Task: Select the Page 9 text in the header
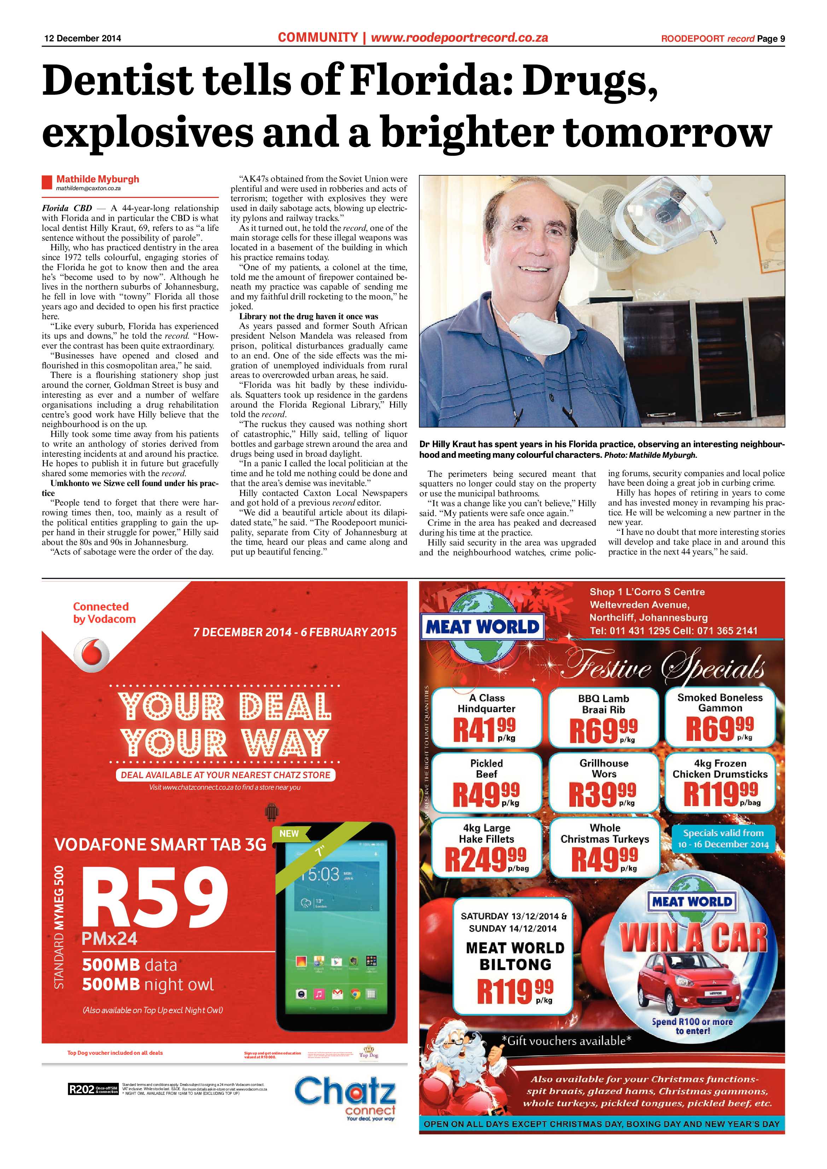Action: coord(770,39)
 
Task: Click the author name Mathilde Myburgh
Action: coord(97,179)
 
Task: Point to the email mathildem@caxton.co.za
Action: coord(88,188)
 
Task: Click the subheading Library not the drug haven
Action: coord(309,316)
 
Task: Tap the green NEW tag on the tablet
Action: coord(289,834)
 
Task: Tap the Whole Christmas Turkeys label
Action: coord(605,834)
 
